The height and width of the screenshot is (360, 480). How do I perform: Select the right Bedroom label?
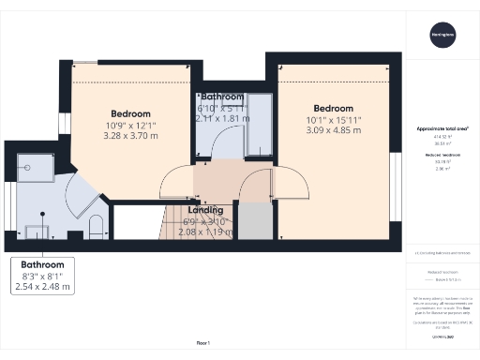click(333, 108)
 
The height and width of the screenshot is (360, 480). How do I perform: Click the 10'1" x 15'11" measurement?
click(333, 121)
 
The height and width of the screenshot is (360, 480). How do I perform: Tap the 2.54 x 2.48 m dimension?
click(49, 286)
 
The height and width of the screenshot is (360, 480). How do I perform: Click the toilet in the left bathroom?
click(97, 224)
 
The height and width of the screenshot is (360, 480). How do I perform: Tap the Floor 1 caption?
click(203, 343)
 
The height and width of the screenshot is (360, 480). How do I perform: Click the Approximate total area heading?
click(442, 127)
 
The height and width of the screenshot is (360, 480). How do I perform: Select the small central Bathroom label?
click(221, 97)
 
